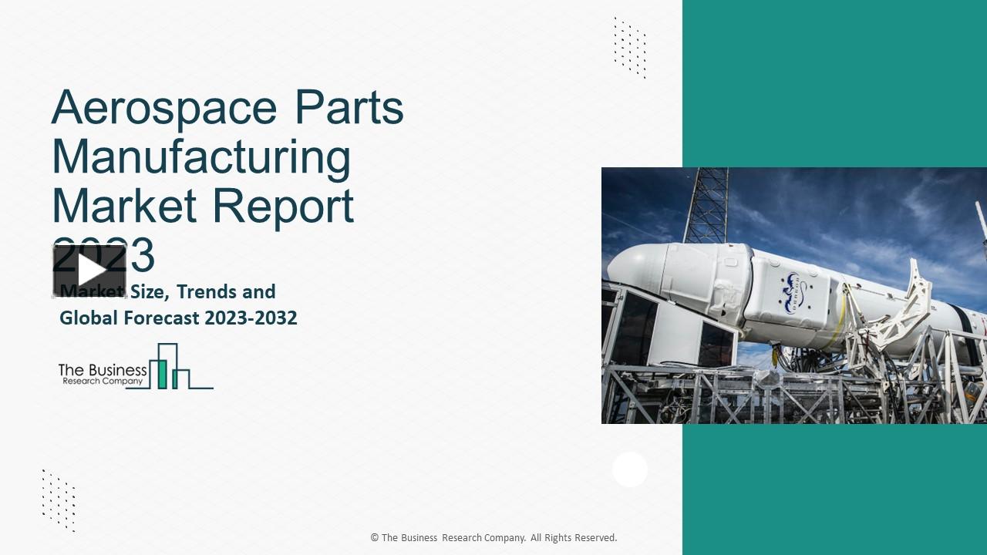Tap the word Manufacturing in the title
[x=201, y=156]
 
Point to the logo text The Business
[x=103, y=371]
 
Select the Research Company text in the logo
[x=101, y=382]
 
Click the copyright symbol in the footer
[x=375, y=538]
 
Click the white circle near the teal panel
[x=630, y=469]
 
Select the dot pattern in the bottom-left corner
[x=59, y=499]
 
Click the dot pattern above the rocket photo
[x=630, y=47]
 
